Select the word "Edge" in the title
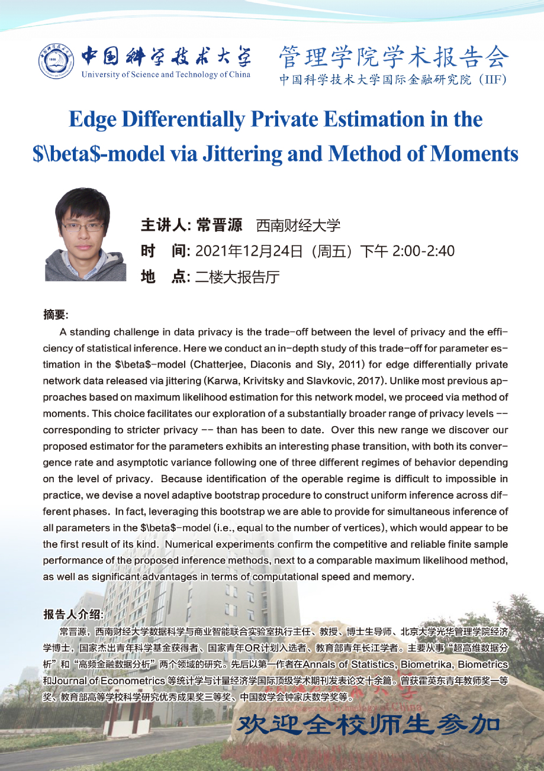coord(91,119)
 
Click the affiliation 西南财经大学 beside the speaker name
coord(298,225)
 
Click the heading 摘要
coord(56,314)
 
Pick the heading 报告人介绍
coord(73,614)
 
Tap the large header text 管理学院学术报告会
coord(394,57)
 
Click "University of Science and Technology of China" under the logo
coord(166,75)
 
